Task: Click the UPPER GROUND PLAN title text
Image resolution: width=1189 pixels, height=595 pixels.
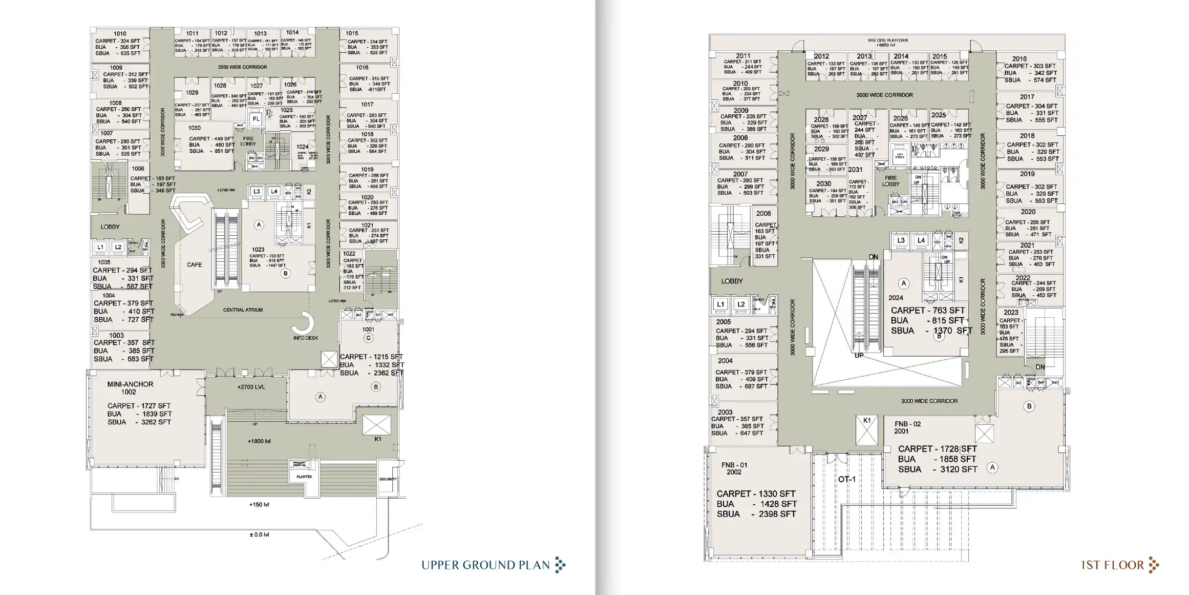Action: tap(485, 565)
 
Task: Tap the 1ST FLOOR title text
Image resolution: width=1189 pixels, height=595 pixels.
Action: tap(1112, 565)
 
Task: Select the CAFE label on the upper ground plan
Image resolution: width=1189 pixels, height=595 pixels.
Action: tap(194, 265)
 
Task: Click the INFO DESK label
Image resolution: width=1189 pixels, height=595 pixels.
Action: tap(306, 338)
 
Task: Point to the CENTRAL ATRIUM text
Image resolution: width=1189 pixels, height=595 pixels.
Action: tap(243, 310)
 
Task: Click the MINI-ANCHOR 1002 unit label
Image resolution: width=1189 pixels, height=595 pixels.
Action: tap(130, 388)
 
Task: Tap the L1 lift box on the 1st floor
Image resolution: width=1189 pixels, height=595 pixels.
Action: tap(720, 304)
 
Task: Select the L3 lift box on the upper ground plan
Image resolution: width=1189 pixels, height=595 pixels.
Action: tap(257, 192)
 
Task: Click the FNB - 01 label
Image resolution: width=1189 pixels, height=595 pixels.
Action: tap(734, 468)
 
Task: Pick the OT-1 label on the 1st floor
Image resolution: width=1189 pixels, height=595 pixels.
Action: tap(846, 480)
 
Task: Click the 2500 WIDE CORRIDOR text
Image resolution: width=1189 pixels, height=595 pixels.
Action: tap(242, 67)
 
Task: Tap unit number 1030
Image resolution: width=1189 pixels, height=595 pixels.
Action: tap(195, 128)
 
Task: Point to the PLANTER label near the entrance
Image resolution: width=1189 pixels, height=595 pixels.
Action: tap(304, 477)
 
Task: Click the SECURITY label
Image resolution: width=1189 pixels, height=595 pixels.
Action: tap(388, 479)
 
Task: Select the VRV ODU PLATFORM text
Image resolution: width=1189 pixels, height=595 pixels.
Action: tap(887, 40)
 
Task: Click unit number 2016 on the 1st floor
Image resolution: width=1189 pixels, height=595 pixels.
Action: tap(1019, 59)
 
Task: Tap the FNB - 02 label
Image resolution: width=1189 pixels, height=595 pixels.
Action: tap(907, 427)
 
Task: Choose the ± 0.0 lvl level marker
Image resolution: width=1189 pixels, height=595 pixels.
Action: tap(259, 535)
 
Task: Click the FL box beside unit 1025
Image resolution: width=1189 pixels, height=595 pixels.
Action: tap(256, 119)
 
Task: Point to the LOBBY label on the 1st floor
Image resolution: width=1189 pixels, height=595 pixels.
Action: tap(732, 281)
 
